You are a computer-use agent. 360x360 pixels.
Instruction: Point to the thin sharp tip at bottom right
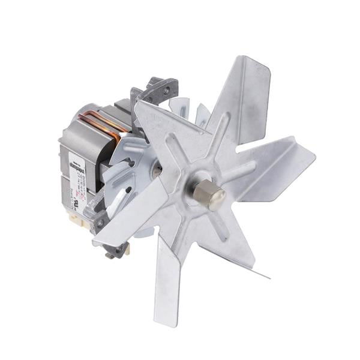point(264,275)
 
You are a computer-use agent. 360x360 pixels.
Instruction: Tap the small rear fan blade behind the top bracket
point(185,108)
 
